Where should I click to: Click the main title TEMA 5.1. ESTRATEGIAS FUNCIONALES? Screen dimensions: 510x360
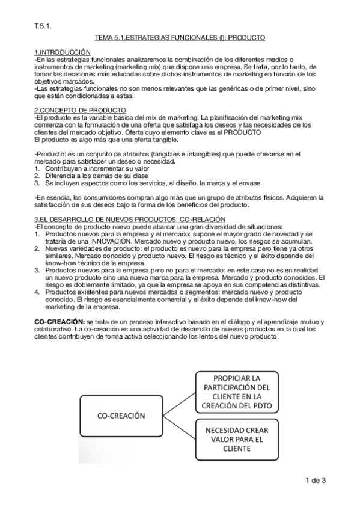(180, 38)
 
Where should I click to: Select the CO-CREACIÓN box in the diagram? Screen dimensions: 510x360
(121, 415)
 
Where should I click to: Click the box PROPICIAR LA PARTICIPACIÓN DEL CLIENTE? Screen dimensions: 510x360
(237, 392)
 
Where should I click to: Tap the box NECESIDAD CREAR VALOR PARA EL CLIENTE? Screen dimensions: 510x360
(237, 440)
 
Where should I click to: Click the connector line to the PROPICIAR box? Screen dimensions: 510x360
(178, 404)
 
